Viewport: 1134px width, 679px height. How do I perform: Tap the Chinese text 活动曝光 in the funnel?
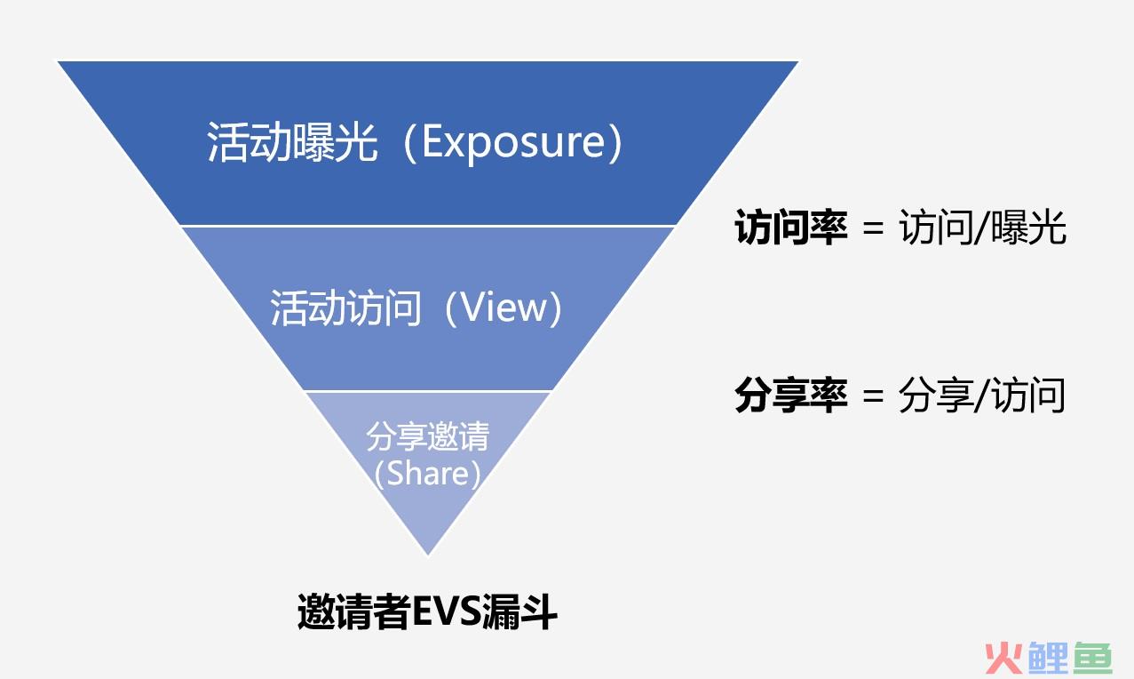coord(292,142)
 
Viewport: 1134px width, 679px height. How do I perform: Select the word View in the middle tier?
coord(504,308)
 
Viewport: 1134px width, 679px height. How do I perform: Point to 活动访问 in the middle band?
coord(345,308)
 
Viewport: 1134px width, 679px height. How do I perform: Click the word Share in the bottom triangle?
coord(428,474)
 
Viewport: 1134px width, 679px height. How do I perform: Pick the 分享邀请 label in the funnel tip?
coord(428,436)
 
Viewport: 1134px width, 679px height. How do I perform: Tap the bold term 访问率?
coord(790,227)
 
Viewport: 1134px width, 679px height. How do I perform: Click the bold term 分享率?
coord(790,395)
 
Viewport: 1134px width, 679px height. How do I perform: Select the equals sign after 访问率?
coord(873,228)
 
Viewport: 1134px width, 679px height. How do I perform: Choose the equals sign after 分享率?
coord(873,395)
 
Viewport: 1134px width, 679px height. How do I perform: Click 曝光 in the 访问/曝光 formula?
coord(1028,227)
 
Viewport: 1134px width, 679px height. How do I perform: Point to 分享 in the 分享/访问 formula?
coord(936,395)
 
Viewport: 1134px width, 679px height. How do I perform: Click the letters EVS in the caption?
coord(446,611)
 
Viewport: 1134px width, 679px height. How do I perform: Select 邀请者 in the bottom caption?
coord(353,611)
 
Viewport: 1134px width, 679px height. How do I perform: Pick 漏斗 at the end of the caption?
coord(519,611)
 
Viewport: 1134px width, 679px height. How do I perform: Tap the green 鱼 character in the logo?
coord(1093,658)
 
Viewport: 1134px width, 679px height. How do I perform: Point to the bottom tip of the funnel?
coord(428,555)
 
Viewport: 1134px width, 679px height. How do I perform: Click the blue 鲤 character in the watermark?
coord(1049,658)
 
